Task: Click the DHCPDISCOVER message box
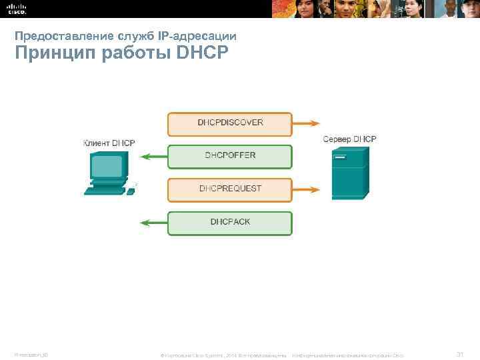(230, 123)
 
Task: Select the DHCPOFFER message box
(230, 156)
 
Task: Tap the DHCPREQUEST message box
(230, 189)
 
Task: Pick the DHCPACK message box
(230, 222)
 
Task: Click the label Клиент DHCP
(109, 143)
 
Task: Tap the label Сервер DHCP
(349, 139)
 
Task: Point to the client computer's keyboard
(105, 190)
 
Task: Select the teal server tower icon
(349, 173)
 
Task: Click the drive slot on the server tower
(340, 158)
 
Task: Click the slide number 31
(459, 353)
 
